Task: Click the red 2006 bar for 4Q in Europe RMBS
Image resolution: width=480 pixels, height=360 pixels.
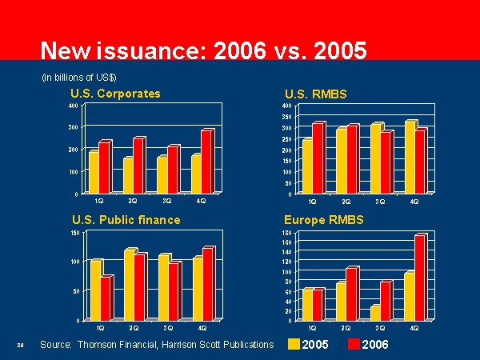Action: (x=420, y=278)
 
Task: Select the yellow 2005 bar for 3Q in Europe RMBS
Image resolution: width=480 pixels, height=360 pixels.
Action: (x=375, y=313)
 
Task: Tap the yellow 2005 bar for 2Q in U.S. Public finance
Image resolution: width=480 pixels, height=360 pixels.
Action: (x=128, y=285)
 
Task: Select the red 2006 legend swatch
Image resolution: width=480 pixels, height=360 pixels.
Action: (x=352, y=345)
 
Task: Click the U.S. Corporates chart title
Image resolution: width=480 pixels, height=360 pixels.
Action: (x=115, y=94)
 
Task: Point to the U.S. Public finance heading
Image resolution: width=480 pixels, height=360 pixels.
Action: (x=126, y=219)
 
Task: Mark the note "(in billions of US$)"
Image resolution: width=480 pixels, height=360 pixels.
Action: (x=79, y=77)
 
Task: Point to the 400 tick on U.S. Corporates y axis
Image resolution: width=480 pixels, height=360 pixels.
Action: (x=74, y=106)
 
